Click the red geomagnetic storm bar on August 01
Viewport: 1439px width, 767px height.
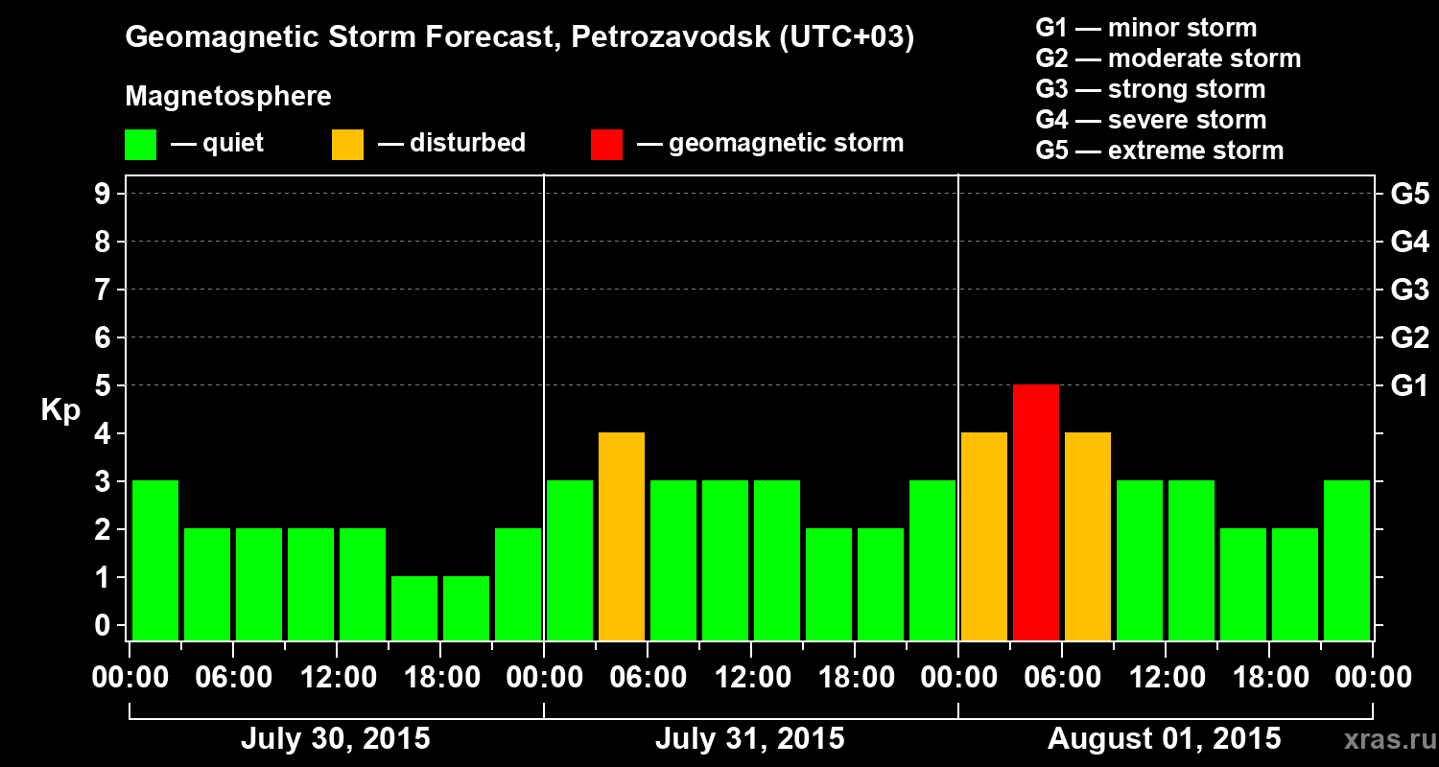[x=1036, y=512]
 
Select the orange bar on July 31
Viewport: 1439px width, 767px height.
[x=622, y=536]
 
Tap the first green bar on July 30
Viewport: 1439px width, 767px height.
[x=155, y=560]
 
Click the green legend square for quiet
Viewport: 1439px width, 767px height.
[x=140, y=144]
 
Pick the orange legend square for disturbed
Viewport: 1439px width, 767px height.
[x=347, y=144]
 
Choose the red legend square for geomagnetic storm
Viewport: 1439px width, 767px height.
[x=606, y=144]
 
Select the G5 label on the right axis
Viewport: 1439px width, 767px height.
[x=1409, y=194]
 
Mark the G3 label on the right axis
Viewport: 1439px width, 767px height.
[x=1409, y=290]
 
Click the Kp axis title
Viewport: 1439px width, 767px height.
[x=59, y=410]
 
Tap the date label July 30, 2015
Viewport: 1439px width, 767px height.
[x=335, y=739]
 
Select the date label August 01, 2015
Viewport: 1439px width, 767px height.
[x=1164, y=739]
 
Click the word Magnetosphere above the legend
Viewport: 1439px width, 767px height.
[x=228, y=97]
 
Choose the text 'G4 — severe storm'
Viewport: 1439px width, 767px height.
[x=1151, y=120]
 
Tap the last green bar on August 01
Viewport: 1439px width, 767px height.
[x=1347, y=560]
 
